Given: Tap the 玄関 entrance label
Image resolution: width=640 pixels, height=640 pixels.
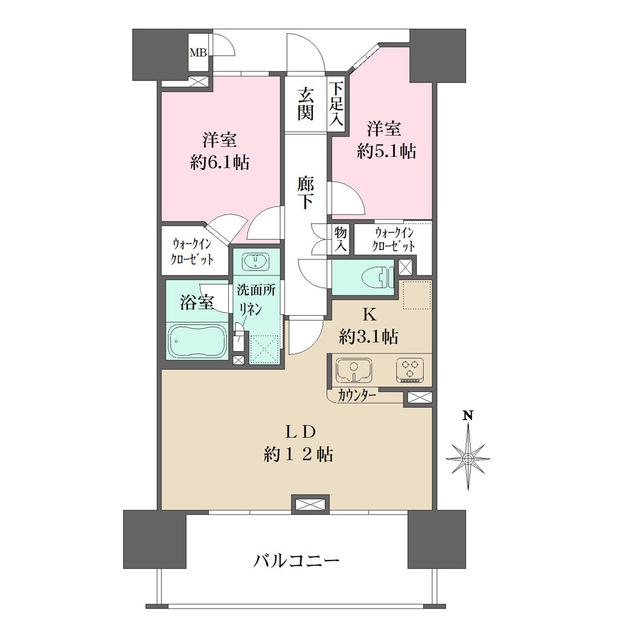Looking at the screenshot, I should coord(305,104).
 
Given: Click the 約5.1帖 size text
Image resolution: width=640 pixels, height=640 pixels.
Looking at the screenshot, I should coord(388,152).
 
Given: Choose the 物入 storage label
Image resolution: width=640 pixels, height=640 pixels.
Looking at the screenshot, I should coord(341,238).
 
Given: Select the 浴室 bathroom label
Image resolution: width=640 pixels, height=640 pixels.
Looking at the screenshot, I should coord(197,300).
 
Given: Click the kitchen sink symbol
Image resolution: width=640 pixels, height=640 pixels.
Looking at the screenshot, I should coord(353,370).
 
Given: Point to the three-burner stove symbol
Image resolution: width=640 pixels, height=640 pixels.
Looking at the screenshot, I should coord(410,370).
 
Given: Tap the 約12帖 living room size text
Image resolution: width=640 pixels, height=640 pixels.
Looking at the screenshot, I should coord(299,453).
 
